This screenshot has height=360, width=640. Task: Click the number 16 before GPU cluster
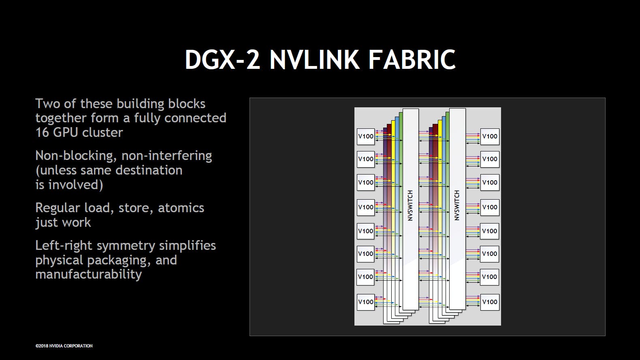(x=43, y=132)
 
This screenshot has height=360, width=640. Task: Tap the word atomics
(x=181, y=208)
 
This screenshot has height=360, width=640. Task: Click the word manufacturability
(x=88, y=274)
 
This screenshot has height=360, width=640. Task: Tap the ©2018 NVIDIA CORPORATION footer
(x=64, y=346)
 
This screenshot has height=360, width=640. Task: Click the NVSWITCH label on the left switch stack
(x=410, y=205)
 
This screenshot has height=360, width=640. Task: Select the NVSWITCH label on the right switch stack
(x=457, y=205)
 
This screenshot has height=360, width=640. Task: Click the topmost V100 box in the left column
(x=365, y=136)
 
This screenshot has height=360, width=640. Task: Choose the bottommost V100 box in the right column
(x=490, y=302)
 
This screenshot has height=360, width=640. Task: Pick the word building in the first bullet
(x=140, y=104)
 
